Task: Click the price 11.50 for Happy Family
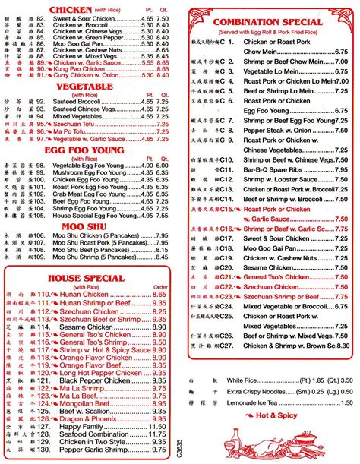coord(157,428)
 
